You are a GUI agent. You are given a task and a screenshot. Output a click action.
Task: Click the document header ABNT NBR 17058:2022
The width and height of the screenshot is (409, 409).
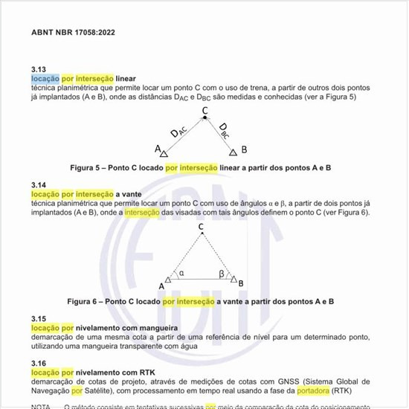tap(73, 33)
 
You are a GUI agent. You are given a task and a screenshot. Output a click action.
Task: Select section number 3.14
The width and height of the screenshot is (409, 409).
tap(39, 184)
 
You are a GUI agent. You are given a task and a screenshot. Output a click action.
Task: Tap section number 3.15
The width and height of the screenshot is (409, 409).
tap(39, 318)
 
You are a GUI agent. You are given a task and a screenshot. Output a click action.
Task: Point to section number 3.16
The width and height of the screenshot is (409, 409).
tap(39, 363)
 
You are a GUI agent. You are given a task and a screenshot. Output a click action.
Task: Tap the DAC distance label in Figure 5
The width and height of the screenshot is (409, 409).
tap(179, 132)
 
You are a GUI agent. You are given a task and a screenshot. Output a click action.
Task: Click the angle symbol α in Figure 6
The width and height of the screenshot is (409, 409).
tap(181, 273)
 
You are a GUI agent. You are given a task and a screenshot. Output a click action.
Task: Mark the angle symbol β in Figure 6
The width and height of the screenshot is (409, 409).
tap(222, 273)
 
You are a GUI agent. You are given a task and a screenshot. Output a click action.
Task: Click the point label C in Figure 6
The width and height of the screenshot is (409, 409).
tap(201, 228)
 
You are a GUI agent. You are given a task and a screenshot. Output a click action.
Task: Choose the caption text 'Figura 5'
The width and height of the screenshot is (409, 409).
tap(86, 168)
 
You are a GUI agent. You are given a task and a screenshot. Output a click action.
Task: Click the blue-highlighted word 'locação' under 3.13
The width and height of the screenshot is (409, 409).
tap(44, 78)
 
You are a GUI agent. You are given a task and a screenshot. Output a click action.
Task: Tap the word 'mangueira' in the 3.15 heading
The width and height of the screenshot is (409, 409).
tap(153, 327)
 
